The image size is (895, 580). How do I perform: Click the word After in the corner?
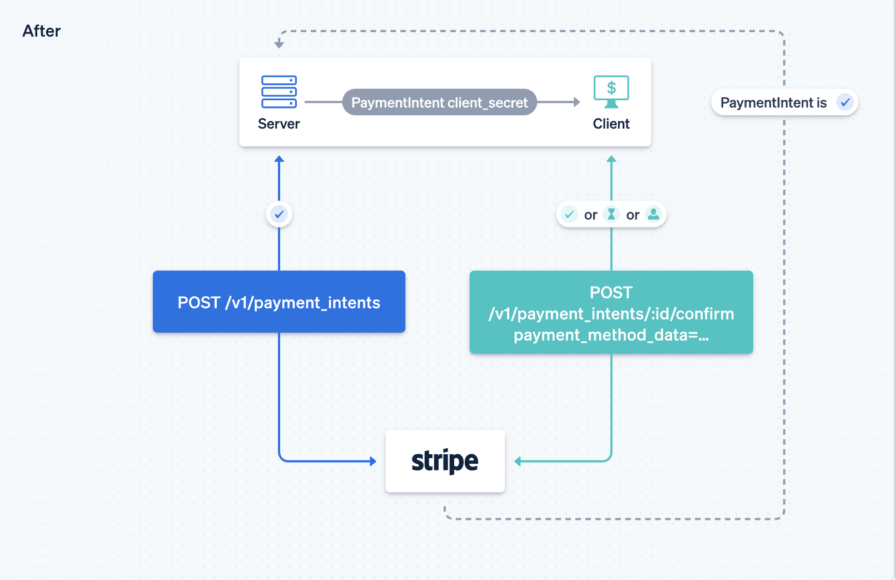point(41,31)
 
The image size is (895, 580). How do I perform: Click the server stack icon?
point(279,92)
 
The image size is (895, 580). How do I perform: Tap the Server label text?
point(279,124)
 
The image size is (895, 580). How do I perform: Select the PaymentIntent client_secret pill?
point(439,102)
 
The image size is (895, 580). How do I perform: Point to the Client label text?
point(611,124)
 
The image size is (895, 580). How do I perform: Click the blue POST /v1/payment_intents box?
point(279,302)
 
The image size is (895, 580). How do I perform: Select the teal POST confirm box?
point(611,312)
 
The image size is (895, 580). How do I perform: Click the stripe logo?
point(445,461)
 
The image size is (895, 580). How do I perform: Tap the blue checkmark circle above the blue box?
point(279,214)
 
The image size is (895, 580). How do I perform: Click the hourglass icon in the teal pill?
point(611,214)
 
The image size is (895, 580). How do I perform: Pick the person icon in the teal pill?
point(654,214)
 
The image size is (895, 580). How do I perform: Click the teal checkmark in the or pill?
point(569,214)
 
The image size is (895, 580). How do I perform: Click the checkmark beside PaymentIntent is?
point(845,102)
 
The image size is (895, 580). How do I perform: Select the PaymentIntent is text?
point(773,102)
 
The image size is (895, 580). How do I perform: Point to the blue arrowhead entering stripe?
point(373,461)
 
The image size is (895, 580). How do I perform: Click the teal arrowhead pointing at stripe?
point(518,461)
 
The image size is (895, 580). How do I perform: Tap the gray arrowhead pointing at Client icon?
point(577,102)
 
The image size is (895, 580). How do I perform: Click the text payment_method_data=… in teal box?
point(611,335)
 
